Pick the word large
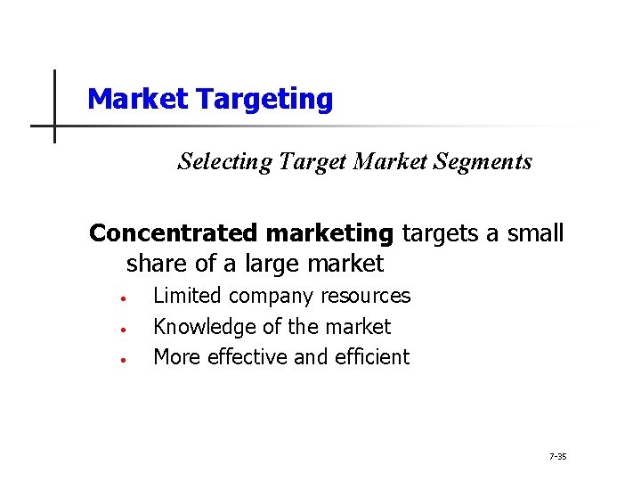coord(270,264)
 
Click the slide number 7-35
coord(558,457)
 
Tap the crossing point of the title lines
coord(54,126)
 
